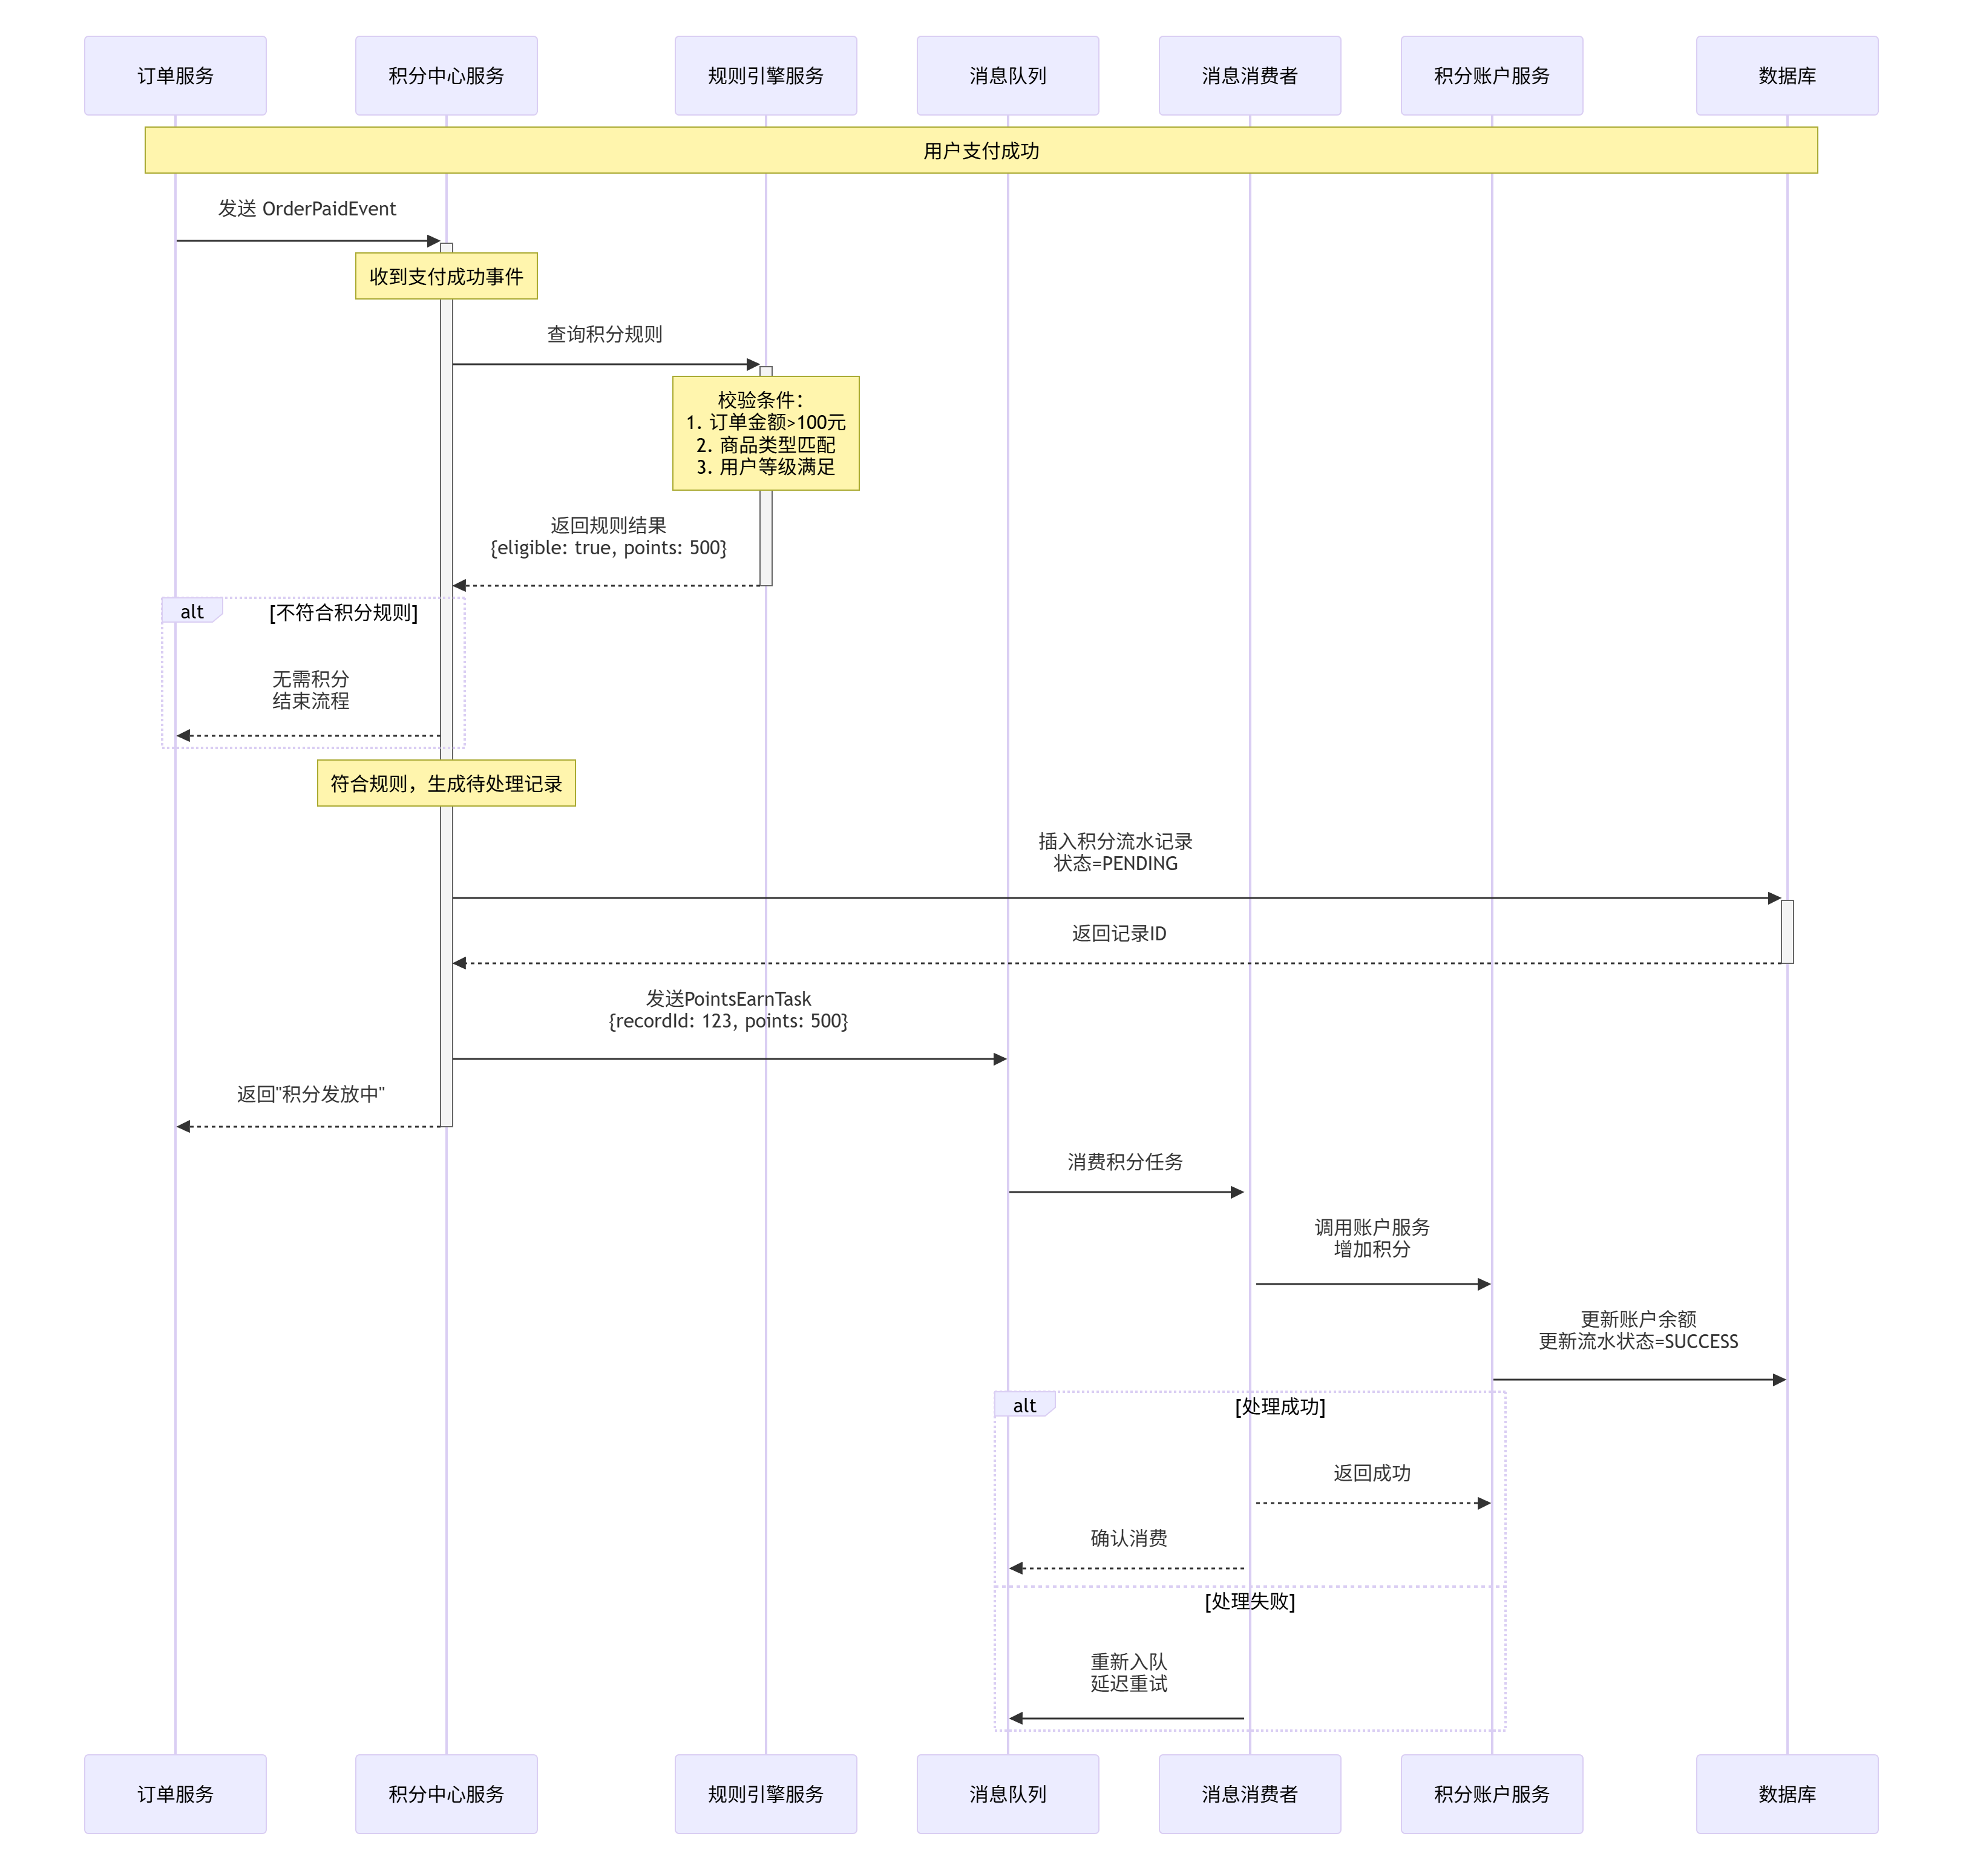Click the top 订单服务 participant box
pyautogui.click(x=175, y=76)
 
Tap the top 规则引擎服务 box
pyautogui.click(x=765, y=76)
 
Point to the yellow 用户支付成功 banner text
pyautogui.click(x=980, y=151)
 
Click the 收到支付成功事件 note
pyautogui.click(x=446, y=277)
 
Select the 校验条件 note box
pyautogui.click(x=765, y=433)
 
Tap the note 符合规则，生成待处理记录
pyautogui.click(x=446, y=783)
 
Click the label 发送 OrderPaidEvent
pyautogui.click(x=307, y=208)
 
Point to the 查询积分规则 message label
pyautogui.click(x=605, y=334)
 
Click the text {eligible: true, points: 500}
pyautogui.click(x=609, y=548)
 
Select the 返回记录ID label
pyautogui.click(x=1118, y=934)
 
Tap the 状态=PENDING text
pyautogui.click(x=1115, y=863)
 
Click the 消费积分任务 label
pyautogui.click(x=1125, y=1162)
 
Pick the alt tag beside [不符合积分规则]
pyautogui.click(x=191, y=611)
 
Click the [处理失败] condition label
pyautogui.click(x=1249, y=1601)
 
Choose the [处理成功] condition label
pyautogui.click(x=1280, y=1406)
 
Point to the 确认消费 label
pyautogui.click(x=1128, y=1538)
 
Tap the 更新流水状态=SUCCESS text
pyautogui.click(x=1638, y=1342)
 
